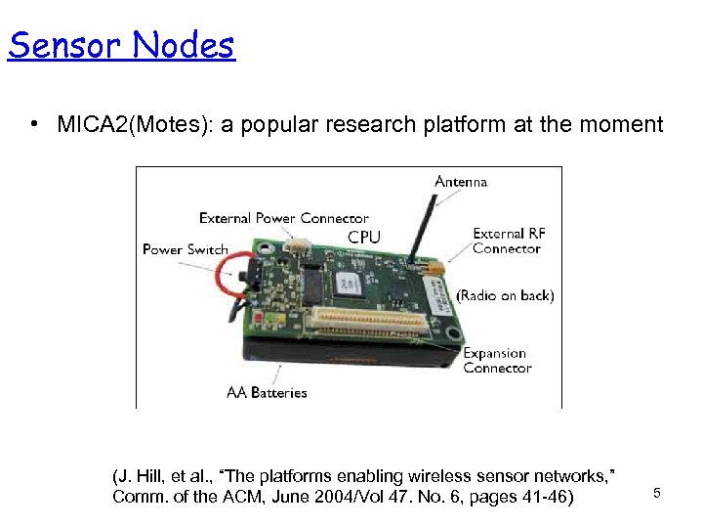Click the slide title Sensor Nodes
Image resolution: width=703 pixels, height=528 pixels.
pyautogui.click(x=121, y=45)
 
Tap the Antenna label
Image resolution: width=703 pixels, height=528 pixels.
pyautogui.click(x=461, y=182)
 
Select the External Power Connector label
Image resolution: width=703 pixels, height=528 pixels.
pyautogui.click(x=283, y=218)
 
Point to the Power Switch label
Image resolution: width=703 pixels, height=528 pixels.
pyautogui.click(x=186, y=249)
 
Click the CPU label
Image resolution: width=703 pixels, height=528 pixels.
pyautogui.click(x=364, y=238)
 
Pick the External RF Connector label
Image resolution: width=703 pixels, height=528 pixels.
pyautogui.click(x=508, y=241)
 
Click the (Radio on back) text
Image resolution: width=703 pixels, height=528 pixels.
pyautogui.click(x=505, y=295)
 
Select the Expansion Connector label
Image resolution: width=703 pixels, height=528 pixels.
pyautogui.click(x=497, y=361)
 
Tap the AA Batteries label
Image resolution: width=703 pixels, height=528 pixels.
pyautogui.click(x=267, y=392)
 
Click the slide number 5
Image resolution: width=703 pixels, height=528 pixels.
pyautogui.click(x=657, y=494)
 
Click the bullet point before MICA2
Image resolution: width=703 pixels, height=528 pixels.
pyautogui.click(x=33, y=124)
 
